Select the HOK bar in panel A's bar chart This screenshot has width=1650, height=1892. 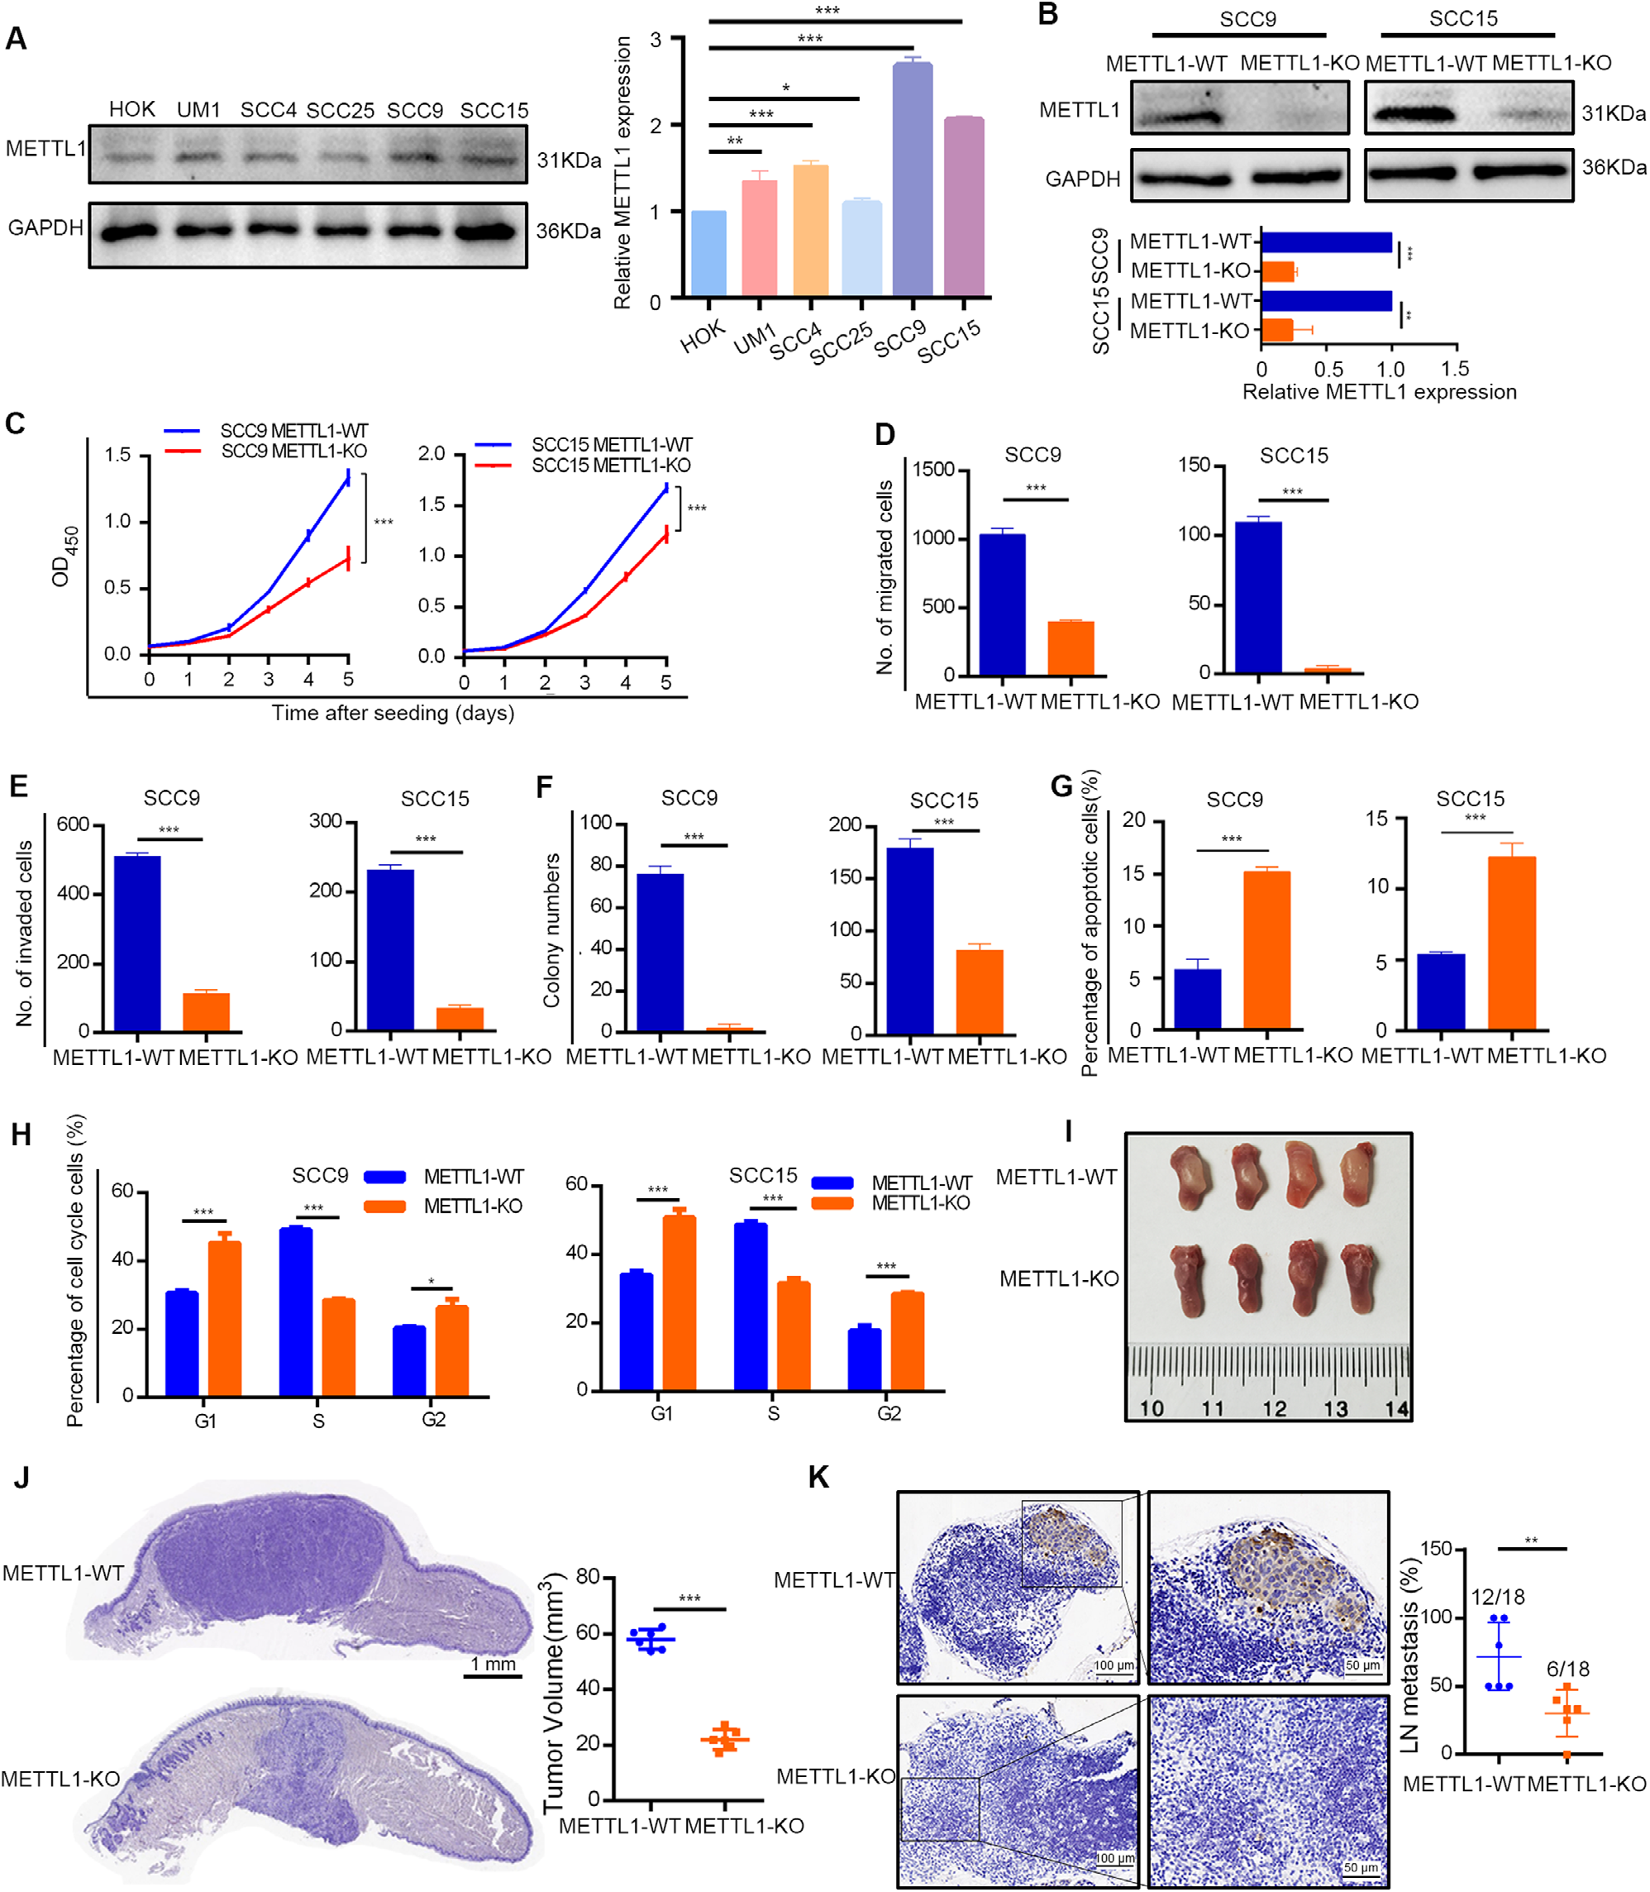(x=708, y=253)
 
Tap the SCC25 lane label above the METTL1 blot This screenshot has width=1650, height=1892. (x=340, y=111)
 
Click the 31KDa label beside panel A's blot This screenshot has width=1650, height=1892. (x=568, y=160)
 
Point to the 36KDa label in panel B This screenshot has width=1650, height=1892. (x=1613, y=168)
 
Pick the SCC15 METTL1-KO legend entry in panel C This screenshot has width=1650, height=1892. (x=610, y=466)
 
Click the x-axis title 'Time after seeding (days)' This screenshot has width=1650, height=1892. (x=392, y=713)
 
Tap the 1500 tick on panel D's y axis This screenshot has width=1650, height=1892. (x=932, y=470)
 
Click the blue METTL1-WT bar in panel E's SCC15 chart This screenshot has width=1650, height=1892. (x=390, y=948)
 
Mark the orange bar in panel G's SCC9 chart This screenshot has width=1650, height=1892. (x=1266, y=949)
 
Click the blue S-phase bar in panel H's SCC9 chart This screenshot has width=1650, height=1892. (x=296, y=1311)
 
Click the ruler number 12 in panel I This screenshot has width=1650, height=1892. (x=1275, y=1408)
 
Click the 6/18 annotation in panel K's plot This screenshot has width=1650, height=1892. (x=1567, y=1669)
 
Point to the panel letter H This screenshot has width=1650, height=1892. (x=21, y=1135)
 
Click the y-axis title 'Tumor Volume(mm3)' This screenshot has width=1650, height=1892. (x=552, y=1692)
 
